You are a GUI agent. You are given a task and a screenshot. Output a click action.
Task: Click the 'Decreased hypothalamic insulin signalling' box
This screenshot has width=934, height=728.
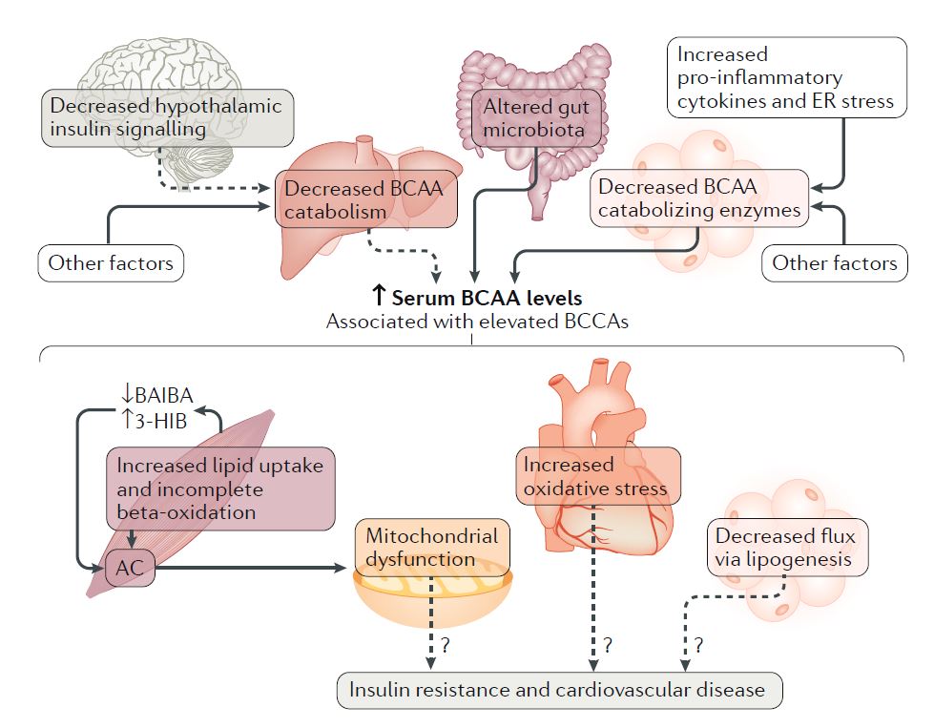pyautogui.click(x=167, y=118)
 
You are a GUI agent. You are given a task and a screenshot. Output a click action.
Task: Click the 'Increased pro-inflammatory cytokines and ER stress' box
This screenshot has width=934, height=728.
pyautogui.click(x=785, y=77)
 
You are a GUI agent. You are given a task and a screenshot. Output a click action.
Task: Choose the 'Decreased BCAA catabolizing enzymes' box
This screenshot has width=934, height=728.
pyautogui.click(x=699, y=198)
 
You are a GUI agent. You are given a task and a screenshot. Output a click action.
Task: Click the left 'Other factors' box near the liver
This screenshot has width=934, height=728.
pyautogui.click(x=111, y=263)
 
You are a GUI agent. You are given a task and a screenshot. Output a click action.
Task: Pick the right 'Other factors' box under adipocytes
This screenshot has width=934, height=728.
pyautogui.click(x=835, y=261)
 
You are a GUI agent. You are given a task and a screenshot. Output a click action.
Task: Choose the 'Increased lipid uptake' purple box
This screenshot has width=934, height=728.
pyautogui.click(x=220, y=489)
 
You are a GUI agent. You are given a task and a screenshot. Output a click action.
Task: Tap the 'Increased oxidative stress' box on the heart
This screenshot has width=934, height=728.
pyautogui.click(x=600, y=478)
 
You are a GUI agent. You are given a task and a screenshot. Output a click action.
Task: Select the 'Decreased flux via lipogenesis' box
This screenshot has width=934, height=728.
pyautogui.click(x=787, y=548)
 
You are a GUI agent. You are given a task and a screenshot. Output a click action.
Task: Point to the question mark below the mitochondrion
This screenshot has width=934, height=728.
pyautogui.click(x=445, y=646)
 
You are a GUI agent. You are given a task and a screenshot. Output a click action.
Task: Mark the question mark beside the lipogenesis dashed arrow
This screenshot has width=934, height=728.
pyautogui.click(x=698, y=646)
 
